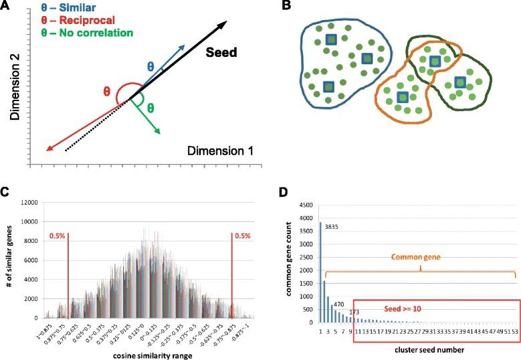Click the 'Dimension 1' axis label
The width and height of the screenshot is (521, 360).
[220, 152]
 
